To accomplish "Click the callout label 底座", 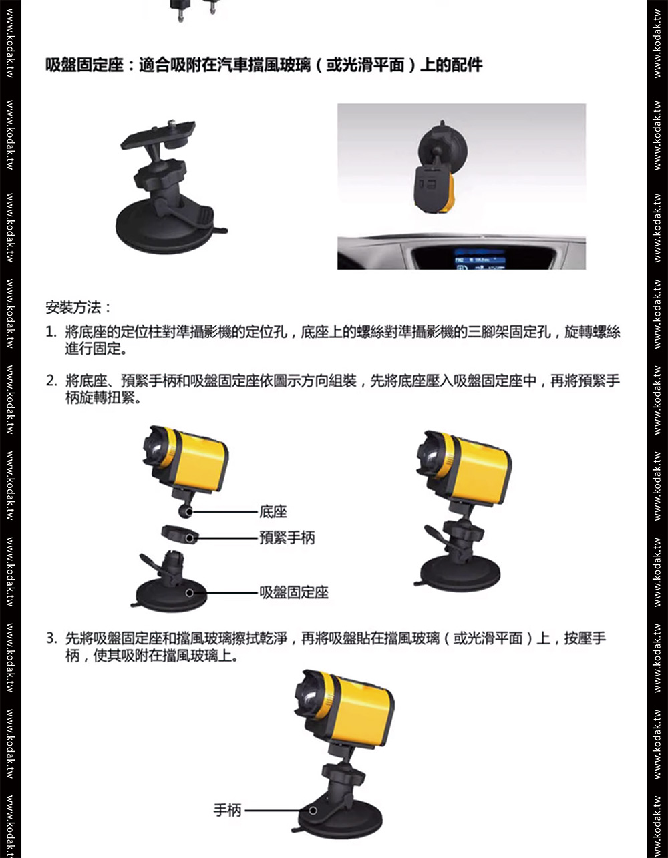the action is point(273,512).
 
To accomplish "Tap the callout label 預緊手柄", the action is point(287,538).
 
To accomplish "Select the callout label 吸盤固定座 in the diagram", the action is point(293,592).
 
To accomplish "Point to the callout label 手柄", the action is point(227,811).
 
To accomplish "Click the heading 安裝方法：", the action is point(79,308).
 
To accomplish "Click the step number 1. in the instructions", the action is point(51,332).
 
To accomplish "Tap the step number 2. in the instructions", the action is point(51,381).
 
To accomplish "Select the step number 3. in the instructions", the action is point(51,638).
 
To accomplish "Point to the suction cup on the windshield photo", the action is point(443,149).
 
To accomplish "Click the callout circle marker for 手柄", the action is point(313,811).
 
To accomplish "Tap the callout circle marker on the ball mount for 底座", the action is point(189,513).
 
